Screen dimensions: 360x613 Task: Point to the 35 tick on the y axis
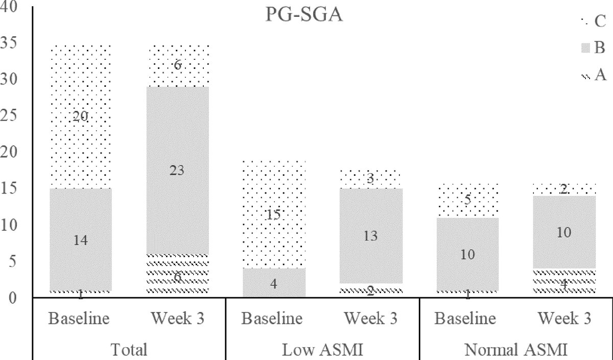11,43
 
